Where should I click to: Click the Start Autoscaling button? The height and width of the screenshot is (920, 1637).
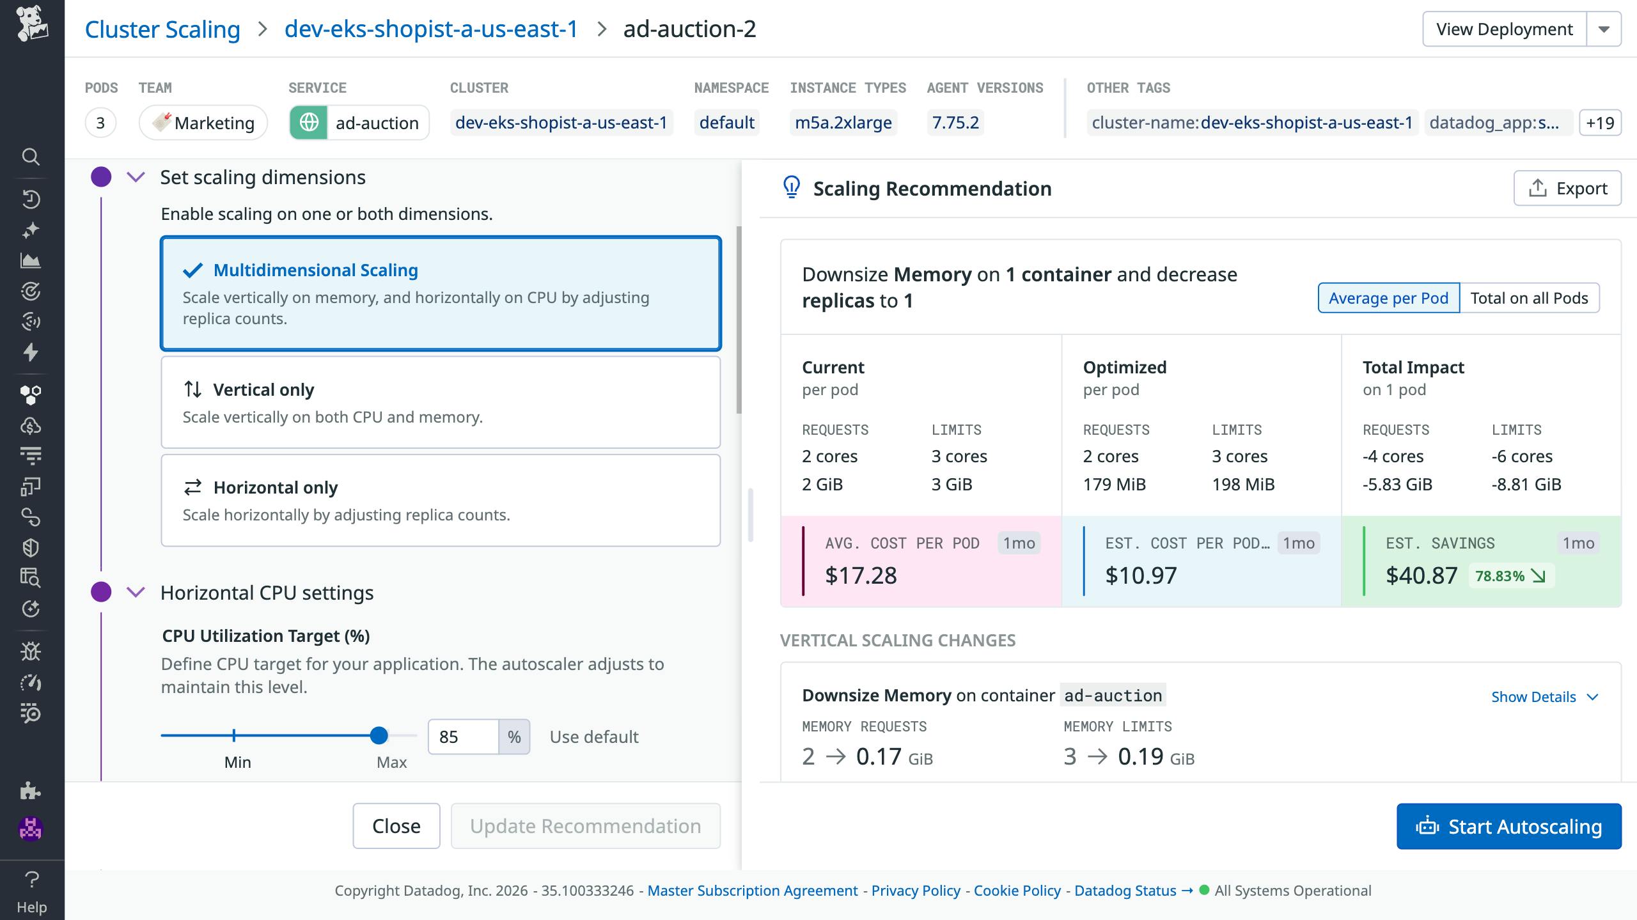(x=1508, y=826)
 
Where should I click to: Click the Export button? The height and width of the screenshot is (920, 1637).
(x=1567, y=189)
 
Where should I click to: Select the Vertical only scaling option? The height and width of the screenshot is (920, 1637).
(x=441, y=402)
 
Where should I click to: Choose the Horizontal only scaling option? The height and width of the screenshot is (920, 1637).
(x=441, y=500)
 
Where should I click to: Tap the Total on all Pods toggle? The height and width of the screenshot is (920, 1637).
(x=1529, y=298)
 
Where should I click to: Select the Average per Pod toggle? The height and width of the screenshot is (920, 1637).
(x=1388, y=298)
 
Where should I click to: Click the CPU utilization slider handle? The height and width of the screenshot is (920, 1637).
(x=379, y=735)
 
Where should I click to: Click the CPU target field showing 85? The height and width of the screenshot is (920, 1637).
(x=463, y=737)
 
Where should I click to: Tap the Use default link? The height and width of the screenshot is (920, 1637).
(x=593, y=737)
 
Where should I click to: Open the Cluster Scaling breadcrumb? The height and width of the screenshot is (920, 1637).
(x=162, y=29)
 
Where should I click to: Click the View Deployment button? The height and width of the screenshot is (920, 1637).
(x=1504, y=29)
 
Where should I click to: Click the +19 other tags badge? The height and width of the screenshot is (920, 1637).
(x=1600, y=123)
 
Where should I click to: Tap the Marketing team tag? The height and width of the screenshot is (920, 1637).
(x=203, y=123)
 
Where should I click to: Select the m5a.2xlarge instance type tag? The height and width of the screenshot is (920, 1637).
(x=843, y=123)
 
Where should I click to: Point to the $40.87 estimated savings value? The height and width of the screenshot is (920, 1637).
(x=1421, y=575)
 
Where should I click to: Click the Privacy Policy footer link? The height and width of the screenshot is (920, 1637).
(x=915, y=891)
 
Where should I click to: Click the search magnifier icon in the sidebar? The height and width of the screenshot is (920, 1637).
(x=31, y=157)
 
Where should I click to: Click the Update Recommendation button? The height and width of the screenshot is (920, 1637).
(x=585, y=826)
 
